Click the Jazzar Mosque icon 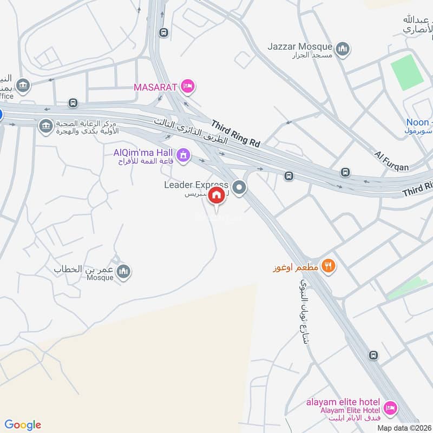click(x=342, y=50)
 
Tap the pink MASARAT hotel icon click(x=188, y=86)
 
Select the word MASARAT click(x=156, y=86)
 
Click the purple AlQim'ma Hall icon click(x=183, y=155)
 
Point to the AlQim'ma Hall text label click(x=143, y=152)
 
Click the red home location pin click(x=218, y=195)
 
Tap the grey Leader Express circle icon click(x=240, y=189)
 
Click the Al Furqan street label click(x=392, y=161)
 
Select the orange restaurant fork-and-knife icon click(x=328, y=266)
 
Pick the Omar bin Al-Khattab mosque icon click(x=123, y=271)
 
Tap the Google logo click(x=23, y=425)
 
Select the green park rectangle click(x=408, y=72)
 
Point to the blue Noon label click(x=418, y=122)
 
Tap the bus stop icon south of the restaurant click(x=373, y=355)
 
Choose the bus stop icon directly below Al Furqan click(x=345, y=172)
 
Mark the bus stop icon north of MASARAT click(x=163, y=32)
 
